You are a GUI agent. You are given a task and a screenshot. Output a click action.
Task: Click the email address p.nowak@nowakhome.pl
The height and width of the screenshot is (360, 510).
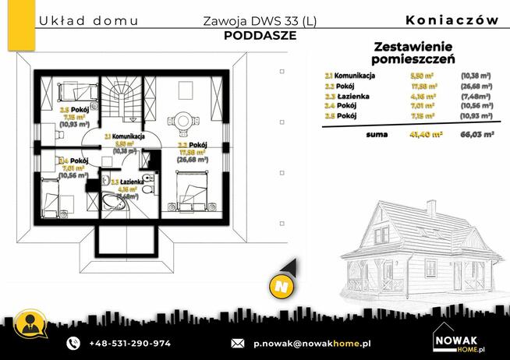(312, 343)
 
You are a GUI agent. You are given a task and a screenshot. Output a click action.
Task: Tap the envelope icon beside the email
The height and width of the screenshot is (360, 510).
(238, 343)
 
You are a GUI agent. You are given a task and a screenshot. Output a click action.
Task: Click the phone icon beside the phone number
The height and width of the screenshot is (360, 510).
(73, 343)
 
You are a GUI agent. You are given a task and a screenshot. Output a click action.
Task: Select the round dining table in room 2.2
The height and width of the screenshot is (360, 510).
(184, 121)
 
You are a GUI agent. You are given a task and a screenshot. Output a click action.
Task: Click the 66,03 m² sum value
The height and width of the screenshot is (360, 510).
(477, 135)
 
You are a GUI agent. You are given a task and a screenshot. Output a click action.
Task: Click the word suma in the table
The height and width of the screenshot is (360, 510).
(377, 135)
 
